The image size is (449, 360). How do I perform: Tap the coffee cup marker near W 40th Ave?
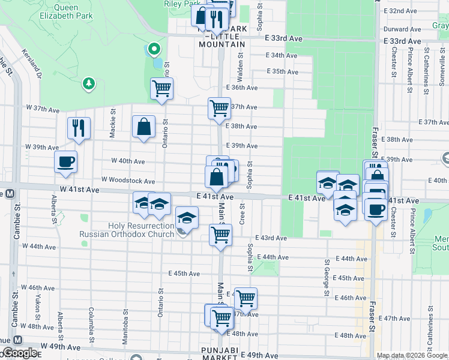tap(65, 161)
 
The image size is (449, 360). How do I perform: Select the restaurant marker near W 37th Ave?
tap(79, 128)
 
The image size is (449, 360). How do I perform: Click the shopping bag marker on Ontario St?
tap(143, 127)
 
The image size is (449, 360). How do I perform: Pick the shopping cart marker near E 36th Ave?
tap(161, 89)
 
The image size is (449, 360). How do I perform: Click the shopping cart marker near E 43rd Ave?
tap(220, 235)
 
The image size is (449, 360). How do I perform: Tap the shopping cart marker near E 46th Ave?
tap(245, 298)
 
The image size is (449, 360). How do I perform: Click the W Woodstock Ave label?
tap(128, 180)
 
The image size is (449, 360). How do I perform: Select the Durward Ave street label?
tap(402, 29)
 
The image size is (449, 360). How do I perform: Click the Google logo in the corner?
tap(19, 353)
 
